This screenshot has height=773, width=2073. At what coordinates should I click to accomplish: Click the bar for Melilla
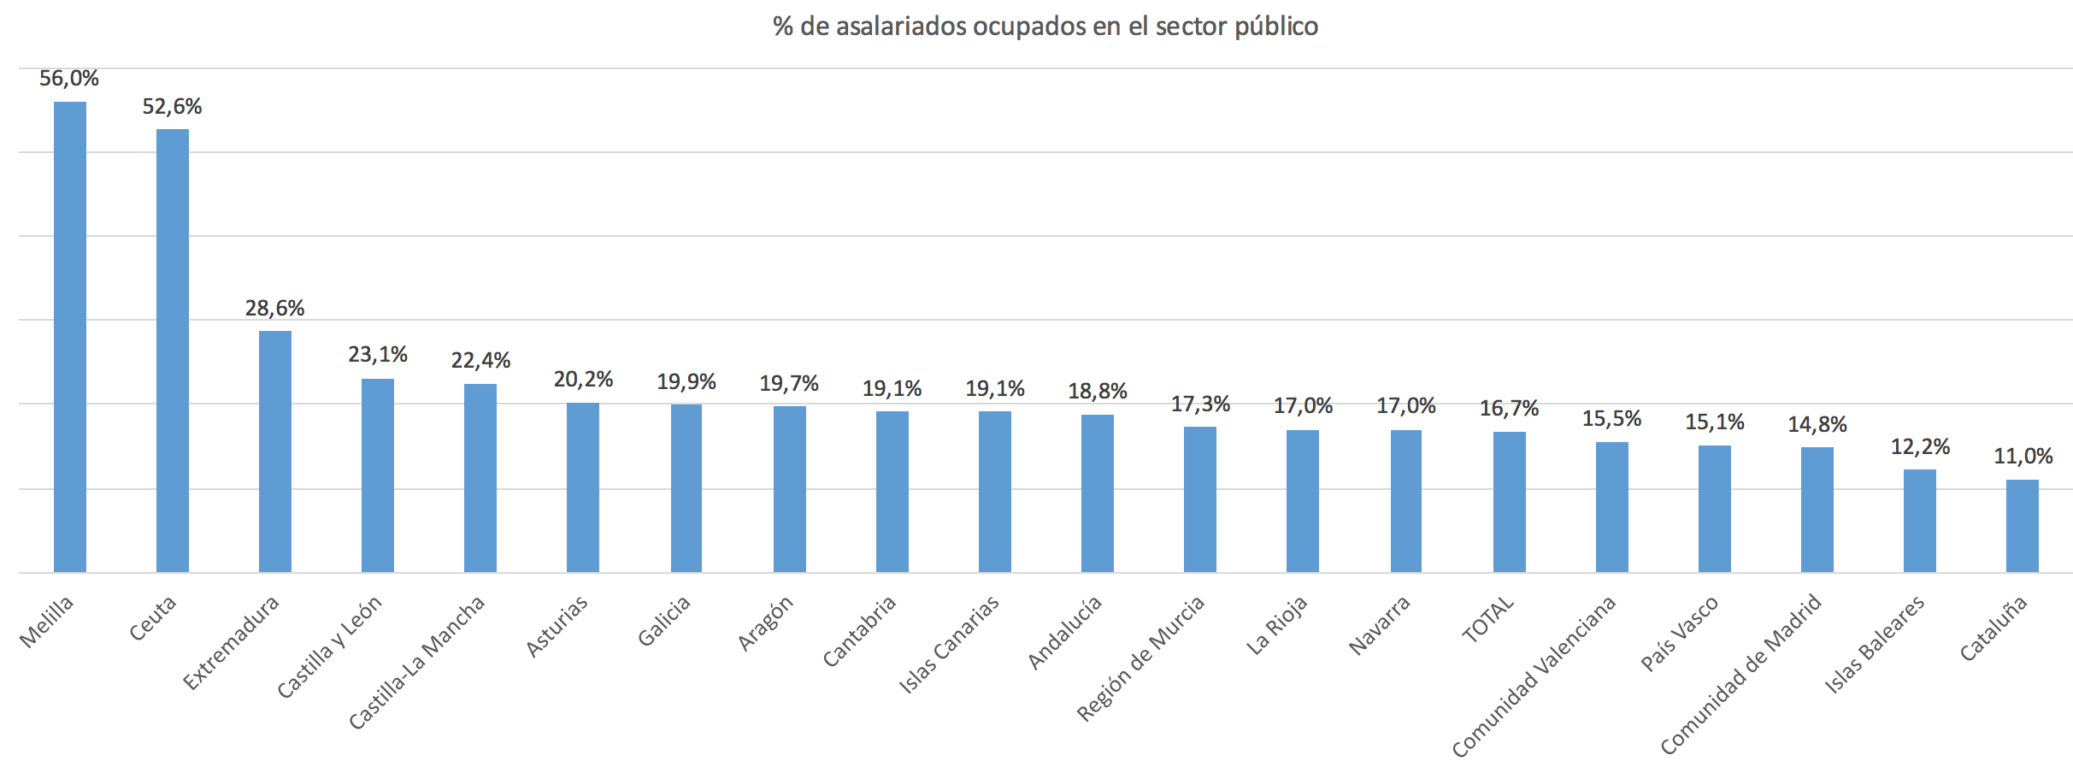(70, 337)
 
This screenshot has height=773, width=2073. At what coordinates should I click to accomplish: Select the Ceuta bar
(173, 351)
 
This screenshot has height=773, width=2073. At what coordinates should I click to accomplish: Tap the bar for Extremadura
(275, 451)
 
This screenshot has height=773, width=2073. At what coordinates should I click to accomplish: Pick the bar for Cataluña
(2023, 526)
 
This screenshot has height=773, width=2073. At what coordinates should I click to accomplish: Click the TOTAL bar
(1510, 502)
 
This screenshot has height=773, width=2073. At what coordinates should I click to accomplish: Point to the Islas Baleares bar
(1920, 521)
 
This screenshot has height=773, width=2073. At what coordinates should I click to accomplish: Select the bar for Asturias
(583, 487)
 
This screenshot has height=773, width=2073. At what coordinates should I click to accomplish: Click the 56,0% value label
(69, 79)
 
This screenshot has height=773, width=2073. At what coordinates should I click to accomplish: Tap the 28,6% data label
(275, 308)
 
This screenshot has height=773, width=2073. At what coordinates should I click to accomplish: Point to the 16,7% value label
(1510, 409)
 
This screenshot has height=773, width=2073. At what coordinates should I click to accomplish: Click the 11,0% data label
(2023, 457)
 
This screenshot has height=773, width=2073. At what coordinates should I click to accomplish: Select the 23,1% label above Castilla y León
(378, 355)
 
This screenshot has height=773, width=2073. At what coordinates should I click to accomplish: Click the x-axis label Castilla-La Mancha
(417, 663)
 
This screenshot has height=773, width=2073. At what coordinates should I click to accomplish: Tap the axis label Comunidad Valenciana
(1534, 676)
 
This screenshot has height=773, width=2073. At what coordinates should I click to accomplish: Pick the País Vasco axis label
(1680, 634)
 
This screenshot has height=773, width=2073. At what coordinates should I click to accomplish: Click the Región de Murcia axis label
(1141, 657)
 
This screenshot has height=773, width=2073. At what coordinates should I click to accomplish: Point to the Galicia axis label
(664, 622)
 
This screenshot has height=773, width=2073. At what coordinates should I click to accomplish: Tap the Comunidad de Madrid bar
(1817, 510)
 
